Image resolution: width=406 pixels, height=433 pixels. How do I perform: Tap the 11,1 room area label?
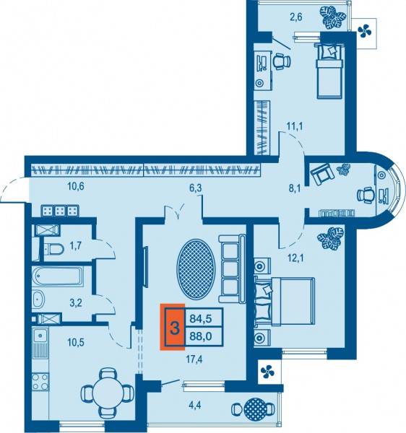coord(295,126)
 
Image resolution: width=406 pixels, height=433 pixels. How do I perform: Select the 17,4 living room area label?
coord(195,359)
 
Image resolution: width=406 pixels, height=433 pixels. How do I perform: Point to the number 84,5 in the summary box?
coord(201,319)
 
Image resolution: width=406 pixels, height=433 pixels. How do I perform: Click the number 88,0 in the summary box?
coord(201,336)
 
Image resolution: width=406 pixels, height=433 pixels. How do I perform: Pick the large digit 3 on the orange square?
coord(175,328)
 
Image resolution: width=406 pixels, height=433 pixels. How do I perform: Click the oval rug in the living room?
coord(196,268)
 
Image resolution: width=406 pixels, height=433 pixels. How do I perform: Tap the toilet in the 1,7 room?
coord(54,249)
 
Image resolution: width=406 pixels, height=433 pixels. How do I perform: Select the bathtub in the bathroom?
coord(57,276)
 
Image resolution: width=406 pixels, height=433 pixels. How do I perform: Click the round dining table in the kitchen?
coord(108,393)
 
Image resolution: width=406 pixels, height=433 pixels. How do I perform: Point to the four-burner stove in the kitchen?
coord(40,381)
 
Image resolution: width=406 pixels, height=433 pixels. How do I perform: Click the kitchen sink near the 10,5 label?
coord(40,336)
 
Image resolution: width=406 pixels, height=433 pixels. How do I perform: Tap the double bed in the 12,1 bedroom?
coord(285,301)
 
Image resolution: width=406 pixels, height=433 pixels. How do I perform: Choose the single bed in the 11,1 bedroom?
coord(330,71)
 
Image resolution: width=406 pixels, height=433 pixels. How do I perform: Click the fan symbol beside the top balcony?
coord(363,31)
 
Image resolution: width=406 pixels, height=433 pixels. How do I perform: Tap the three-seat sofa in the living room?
coord(232,268)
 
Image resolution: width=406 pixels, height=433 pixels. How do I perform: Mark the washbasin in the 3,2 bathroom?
coord(38,299)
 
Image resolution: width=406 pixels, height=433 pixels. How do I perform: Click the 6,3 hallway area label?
coord(195,188)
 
